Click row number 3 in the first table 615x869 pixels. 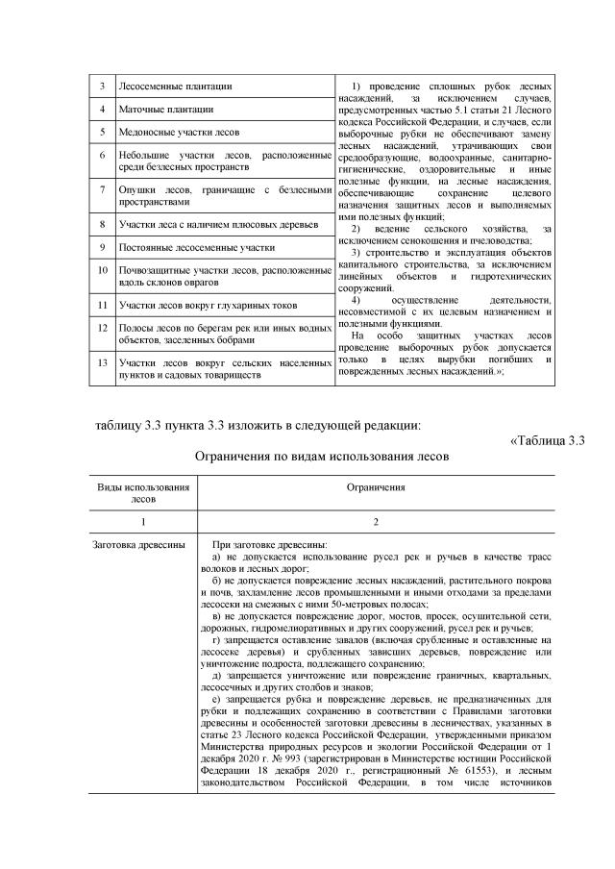coord(102,87)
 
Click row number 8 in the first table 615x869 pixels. coord(102,225)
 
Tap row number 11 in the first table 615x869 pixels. coord(102,306)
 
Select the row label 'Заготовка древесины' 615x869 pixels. coord(138,545)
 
